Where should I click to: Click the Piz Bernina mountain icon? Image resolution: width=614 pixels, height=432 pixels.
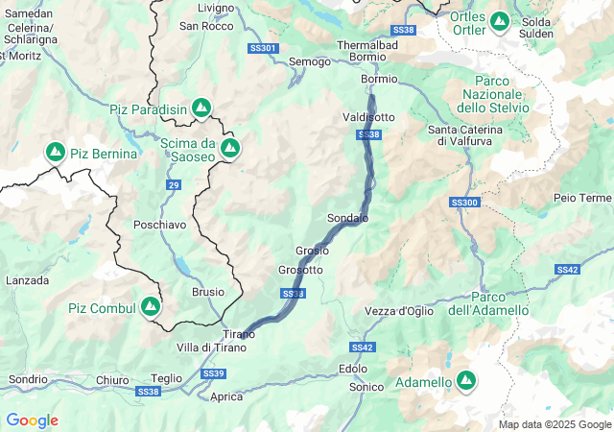coord(56,153)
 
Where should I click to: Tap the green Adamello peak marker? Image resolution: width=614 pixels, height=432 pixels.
coord(466,381)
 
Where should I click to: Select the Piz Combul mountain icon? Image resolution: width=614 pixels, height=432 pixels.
coord(151,306)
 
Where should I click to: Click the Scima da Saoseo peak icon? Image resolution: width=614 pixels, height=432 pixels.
coord(230,148)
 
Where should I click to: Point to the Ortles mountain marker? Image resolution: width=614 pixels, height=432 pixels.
coord(500,20)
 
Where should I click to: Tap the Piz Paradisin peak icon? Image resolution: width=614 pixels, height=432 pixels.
coord(201,108)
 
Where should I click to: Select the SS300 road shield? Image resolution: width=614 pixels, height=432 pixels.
coord(463,203)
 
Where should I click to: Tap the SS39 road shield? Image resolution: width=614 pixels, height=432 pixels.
coord(213,372)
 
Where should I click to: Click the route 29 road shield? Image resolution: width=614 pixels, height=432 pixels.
coord(174,184)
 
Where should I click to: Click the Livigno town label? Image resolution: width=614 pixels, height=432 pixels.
coord(215,8)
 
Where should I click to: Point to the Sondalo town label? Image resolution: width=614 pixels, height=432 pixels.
coord(347,218)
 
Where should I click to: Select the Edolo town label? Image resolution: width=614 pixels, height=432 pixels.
coord(353,369)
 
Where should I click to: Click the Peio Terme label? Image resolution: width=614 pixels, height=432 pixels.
coord(582,198)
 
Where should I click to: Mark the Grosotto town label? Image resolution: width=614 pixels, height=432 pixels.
coord(300,270)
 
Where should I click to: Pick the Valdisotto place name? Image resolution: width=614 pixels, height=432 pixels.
coord(368,117)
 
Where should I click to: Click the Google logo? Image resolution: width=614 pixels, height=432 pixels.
coord(32,420)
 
